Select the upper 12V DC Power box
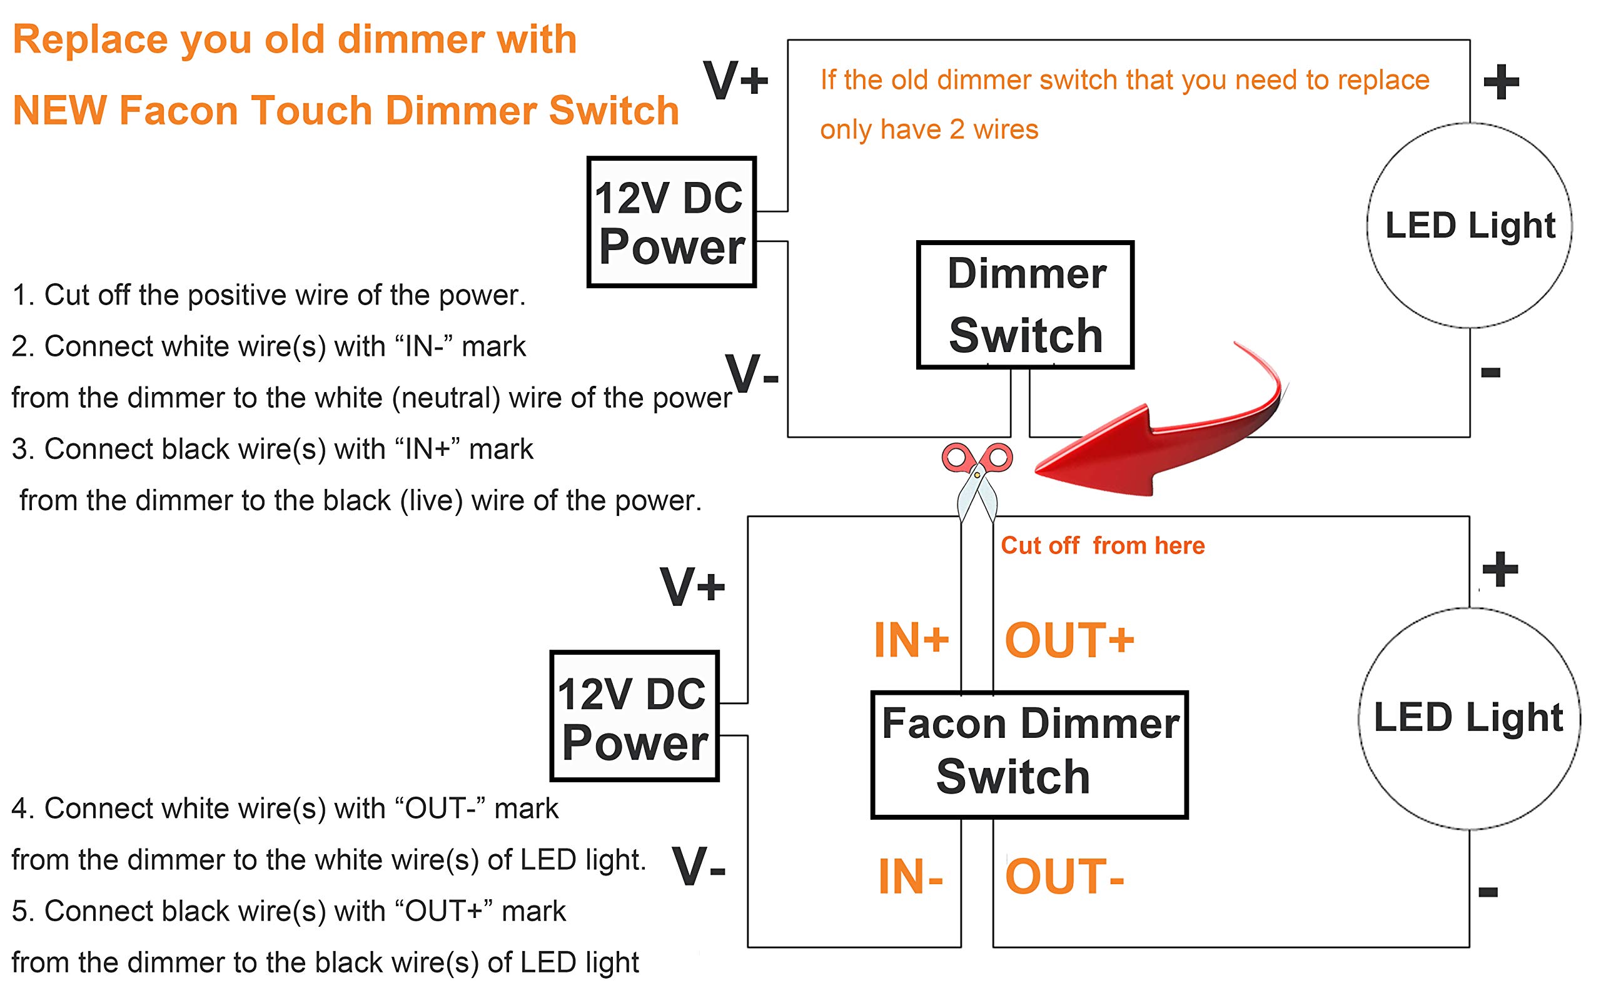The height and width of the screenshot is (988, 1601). click(x=671, y=222)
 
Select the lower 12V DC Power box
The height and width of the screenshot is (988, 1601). click(x=635, y=716)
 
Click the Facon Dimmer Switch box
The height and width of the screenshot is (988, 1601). click(x=1029, y=754)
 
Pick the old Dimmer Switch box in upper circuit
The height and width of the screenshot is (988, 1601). click(x=1025, y=305)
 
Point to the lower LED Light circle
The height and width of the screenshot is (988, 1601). click(x=1468, y=718)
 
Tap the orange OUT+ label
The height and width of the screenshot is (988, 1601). click(x=1069, y=640)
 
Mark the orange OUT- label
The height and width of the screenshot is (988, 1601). click(x=1064, y=877)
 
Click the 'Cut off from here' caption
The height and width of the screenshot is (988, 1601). click(x=1103, y=546)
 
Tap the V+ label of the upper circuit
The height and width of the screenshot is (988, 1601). click(x=736, y=81)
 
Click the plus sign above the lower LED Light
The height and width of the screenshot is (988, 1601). click(x=1500, y=569)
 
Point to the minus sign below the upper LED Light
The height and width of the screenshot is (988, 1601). click(x=1490, y=373)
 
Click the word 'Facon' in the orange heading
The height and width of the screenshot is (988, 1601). click(x=179, y=110)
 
